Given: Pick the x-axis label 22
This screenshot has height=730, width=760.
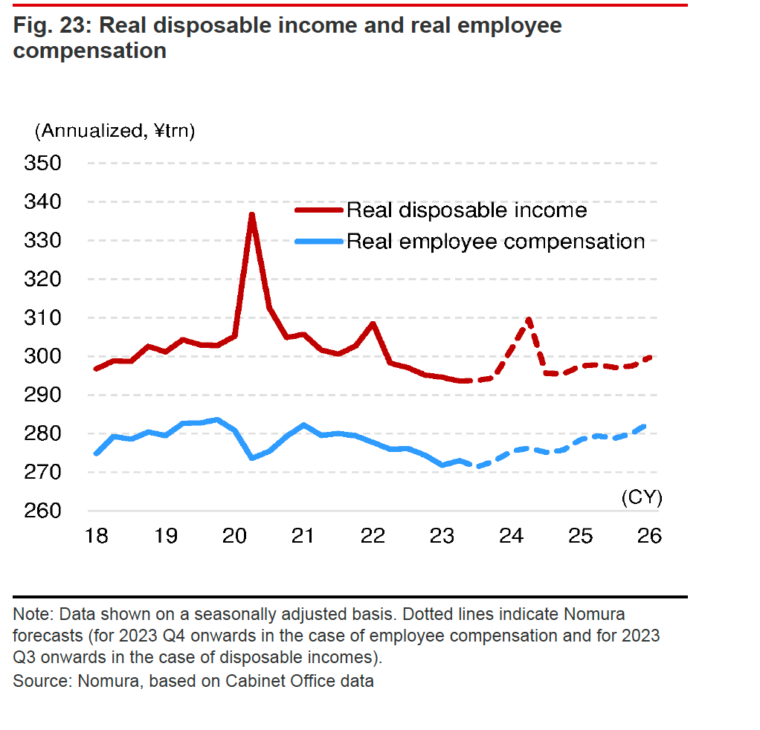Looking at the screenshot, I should click(x=373, y=535).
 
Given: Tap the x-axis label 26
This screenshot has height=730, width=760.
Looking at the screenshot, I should click(x=650, y=535).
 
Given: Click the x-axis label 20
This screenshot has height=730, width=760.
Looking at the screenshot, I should click(x=234, y=535).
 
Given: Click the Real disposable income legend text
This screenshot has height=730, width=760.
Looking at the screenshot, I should click(x=466, y=210).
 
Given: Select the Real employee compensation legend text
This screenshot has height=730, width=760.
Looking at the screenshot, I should click(x=495, y=242).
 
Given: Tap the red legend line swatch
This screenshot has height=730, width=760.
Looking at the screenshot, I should click(x=319, y=210).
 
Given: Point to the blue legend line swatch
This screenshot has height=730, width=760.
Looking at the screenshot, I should click(x=319, y=242).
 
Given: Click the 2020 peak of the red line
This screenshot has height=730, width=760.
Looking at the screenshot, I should click(x=252, y=216).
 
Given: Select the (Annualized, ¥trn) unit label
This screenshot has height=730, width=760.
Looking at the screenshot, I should click(x=114, y=132).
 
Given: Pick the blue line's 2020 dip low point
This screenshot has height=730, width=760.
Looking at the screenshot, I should click(x=252, y=458).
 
